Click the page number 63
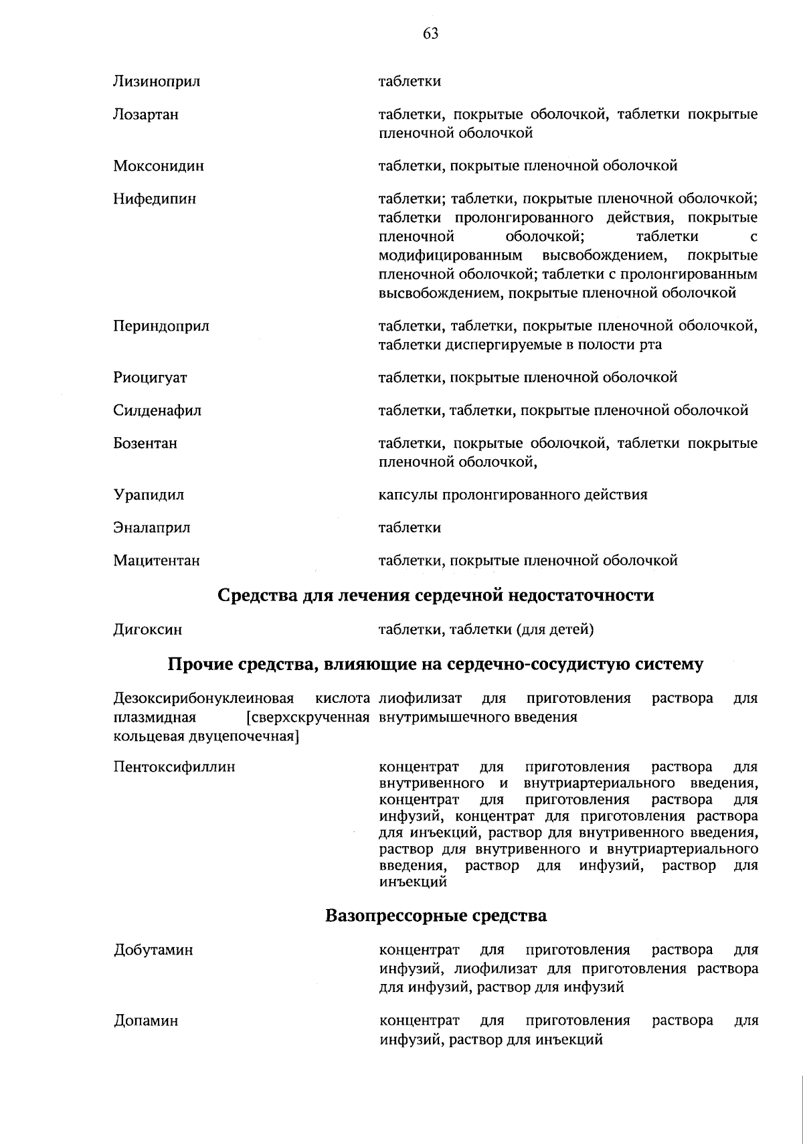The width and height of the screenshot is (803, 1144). tap(430, 34)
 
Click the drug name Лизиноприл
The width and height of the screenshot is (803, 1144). tap(157, 82)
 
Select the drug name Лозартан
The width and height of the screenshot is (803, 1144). tap(146, 115)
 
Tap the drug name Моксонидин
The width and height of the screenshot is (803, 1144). tap(159, 166)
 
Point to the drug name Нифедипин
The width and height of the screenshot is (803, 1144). tap(155, 199)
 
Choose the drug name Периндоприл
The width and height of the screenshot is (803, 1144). tap(161, 327)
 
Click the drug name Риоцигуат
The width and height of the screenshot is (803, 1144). tap(150, 378)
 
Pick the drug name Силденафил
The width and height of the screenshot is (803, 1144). tap(157, 411)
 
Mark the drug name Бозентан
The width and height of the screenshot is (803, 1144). tap(145, 444)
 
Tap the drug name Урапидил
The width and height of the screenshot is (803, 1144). tap(149, 495)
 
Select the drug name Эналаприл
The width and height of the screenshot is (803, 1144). tap(152, 528)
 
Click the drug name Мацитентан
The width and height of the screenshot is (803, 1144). tap(157, 561)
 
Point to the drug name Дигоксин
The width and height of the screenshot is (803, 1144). tap(147, 630)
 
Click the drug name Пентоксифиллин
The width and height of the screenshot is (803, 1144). tap(174, 767)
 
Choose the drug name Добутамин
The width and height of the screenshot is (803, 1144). tap(153, 951)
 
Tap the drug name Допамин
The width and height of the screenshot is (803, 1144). tap(146, 1022)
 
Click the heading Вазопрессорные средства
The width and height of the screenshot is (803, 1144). tap(436, 916)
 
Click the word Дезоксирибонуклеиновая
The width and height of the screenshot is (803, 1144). tap(204, 699)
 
